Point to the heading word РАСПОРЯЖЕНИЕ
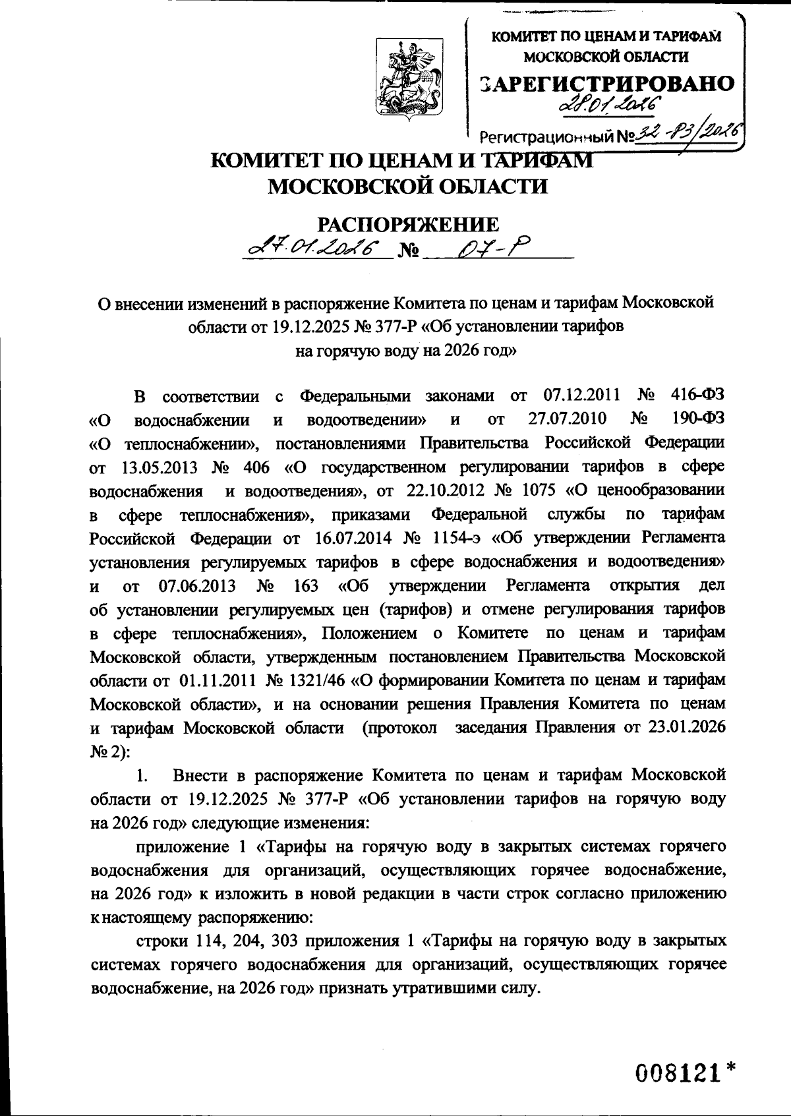(409, 224)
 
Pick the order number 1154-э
(461, 538)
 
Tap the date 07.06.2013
(196, 585)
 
